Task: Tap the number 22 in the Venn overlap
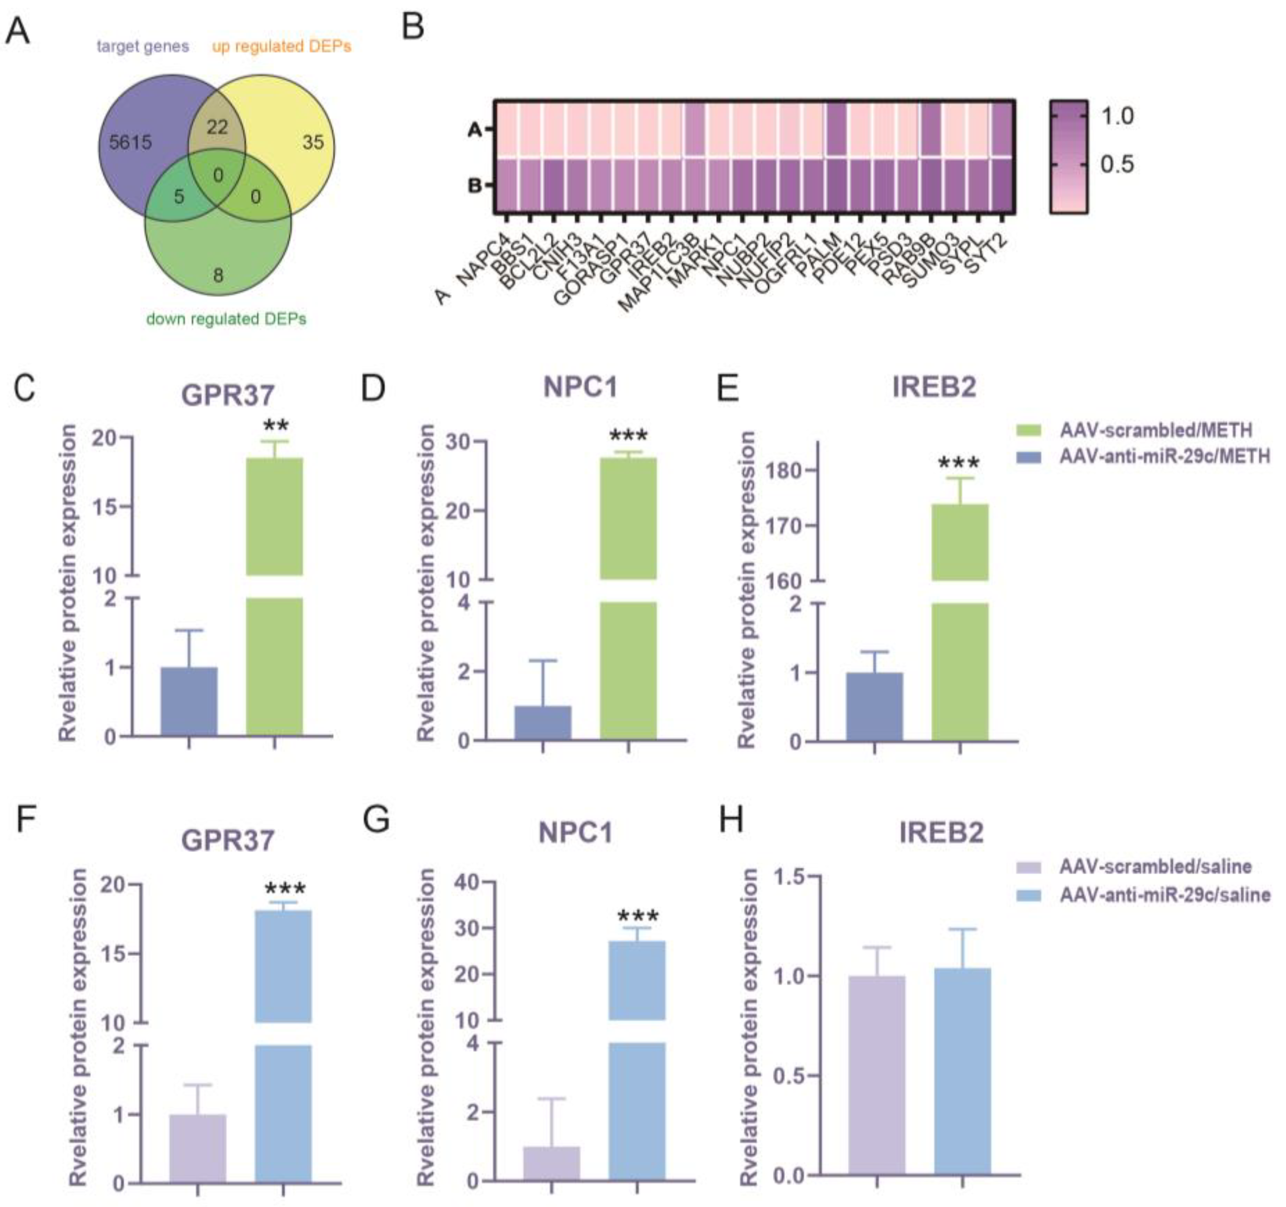click(217, 127)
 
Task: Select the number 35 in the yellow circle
click(313, 142)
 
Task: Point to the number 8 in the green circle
click(218, 276)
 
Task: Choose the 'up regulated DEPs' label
click(282, 47)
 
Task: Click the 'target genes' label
click(143, 47)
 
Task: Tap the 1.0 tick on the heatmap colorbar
click(1117, 116)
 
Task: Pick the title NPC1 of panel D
click(580, 387)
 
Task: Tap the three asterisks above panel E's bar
click(959, 462)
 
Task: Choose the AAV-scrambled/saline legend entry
click(1154, 867)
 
